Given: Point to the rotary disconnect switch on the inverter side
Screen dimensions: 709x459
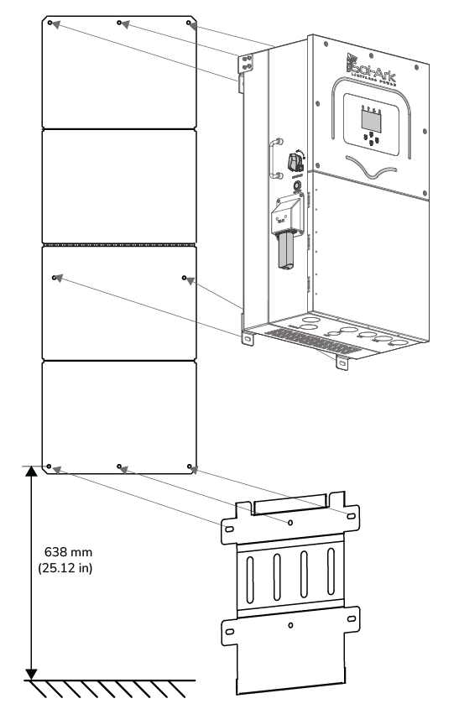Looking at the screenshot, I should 295,163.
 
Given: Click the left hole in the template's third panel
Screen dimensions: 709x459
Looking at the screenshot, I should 55,275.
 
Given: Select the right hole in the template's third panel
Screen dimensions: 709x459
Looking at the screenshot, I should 185,275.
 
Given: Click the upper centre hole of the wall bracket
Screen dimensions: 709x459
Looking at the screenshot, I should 290,522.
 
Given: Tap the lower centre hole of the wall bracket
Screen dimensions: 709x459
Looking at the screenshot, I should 290,626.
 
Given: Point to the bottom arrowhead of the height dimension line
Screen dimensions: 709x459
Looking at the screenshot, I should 31,673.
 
